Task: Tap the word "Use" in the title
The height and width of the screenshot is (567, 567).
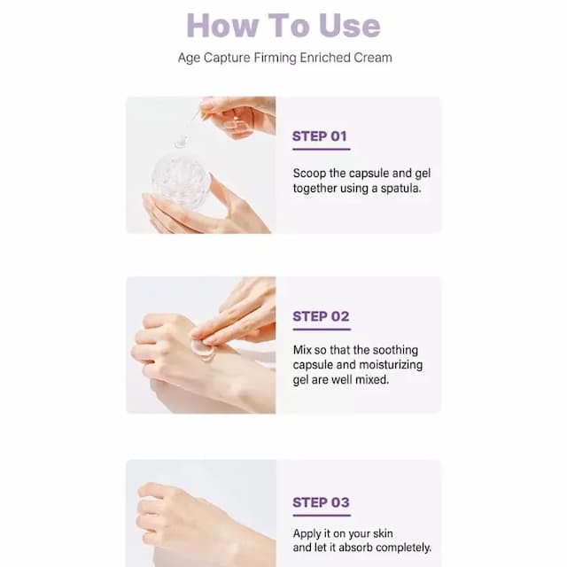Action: click(349, 26)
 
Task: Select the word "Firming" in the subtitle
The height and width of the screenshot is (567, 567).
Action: click(275, 58)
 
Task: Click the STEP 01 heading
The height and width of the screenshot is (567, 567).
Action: click(320, 136)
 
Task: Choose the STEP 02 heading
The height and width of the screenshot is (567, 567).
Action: click(321, 316)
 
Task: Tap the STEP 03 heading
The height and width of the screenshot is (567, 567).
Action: click(321, 502)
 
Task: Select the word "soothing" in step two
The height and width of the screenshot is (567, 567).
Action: click(395, 351)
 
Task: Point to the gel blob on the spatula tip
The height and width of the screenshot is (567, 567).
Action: click(181, 142)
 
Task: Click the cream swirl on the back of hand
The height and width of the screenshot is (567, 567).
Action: click(204, 349)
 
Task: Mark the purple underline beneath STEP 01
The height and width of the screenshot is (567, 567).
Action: click(322, 149)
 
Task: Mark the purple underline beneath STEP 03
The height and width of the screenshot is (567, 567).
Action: click(322, 516)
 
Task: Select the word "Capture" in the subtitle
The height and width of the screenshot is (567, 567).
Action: click(227, 58)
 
